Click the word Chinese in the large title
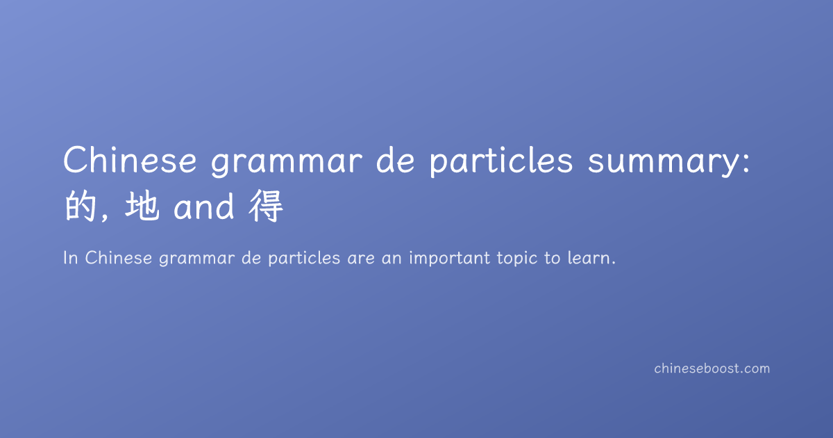(x=130, y=160)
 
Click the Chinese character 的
(x=81, y=206)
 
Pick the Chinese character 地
(x=142, y=206)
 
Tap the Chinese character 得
(x=266, y=206)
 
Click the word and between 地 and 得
(x=204, y=206)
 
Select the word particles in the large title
(x=501, y=161)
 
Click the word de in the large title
(x=395, y=160)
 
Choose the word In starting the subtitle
(x=71, y=258)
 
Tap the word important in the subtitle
(x=450, y=259)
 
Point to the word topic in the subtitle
(x=517, y=259)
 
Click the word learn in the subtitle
(x=589, y=258)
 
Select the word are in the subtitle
(x=361, y=259)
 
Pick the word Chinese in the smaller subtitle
(x=119, y=258)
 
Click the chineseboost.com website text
(x=712, y=368)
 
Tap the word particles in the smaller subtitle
(x=304, y=259)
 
